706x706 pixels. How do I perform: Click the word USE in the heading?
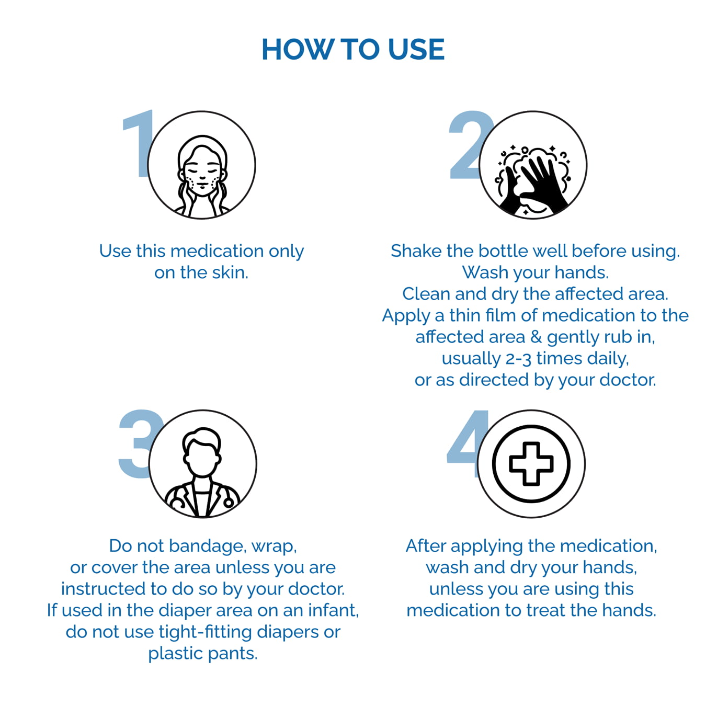point(416,50)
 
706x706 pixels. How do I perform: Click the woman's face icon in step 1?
point(202,172)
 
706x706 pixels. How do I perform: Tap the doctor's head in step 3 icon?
point(202,452)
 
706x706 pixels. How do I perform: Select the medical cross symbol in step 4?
point(531,464)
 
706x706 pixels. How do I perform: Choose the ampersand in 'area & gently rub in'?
point(536,337)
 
